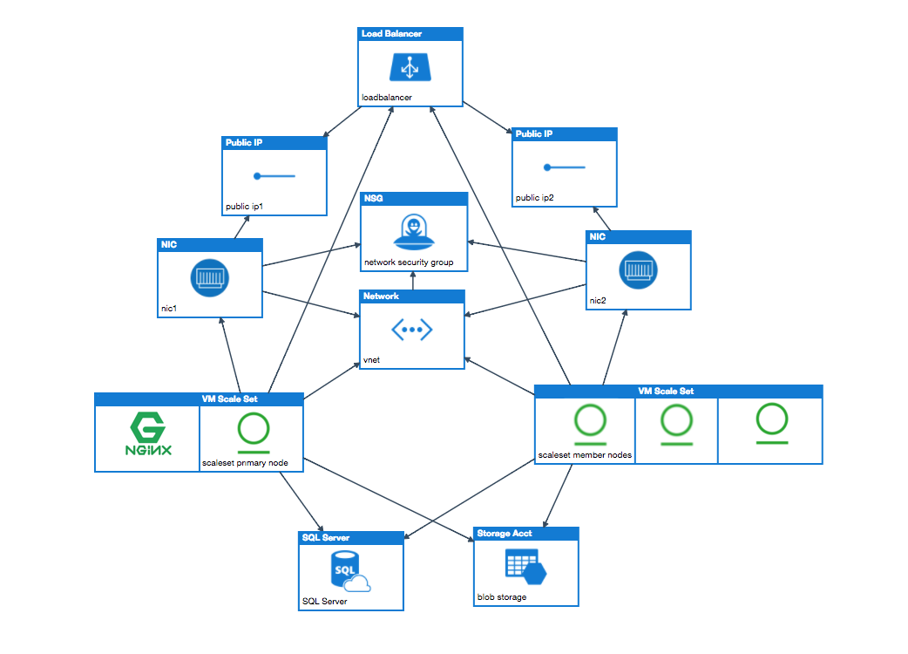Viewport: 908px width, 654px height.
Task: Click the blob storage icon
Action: pyautogui.click(x=525, y=568)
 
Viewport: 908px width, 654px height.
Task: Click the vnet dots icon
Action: pyautogui.click(x=411, y=329)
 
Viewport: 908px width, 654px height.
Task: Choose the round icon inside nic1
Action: pyautogui.click(x=209, y=277)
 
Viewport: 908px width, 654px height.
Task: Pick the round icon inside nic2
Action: pyautogui.click(x=638, y=269)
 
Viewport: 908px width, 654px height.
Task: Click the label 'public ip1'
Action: pyautogui.click(x=245, y=207)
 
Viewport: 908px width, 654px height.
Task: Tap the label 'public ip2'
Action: pyautogui.click(x=535, y=198)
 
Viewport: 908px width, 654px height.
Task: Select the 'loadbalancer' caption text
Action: pyautogui.click(x=388, y=97)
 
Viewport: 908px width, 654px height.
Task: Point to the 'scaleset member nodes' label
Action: pyautogui.click(x=585, y=455)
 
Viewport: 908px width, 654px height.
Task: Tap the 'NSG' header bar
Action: pyautogui.click(x=414, y=198)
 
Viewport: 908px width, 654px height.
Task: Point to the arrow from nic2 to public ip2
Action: pyautogui.click(x=605, y=219)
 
